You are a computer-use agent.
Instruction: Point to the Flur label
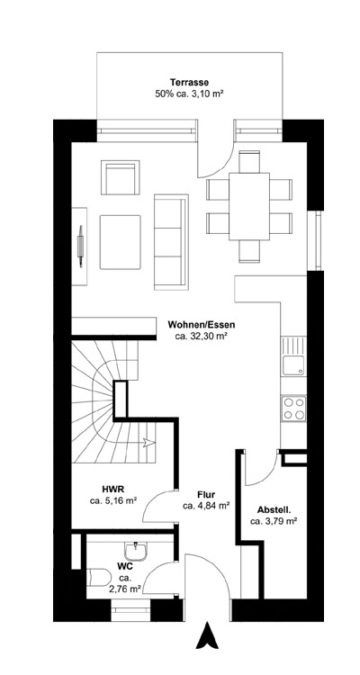(x=206, y=495)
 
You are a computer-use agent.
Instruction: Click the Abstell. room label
(x=274, y=508)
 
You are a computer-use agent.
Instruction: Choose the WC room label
(x=125, y=566)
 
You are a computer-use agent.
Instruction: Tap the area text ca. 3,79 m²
(x=274, y=520)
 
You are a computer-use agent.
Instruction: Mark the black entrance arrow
(x=206, y=636)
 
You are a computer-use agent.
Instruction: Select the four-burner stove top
(x=293, y=409)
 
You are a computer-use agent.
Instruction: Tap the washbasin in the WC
(x=139, y=548)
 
